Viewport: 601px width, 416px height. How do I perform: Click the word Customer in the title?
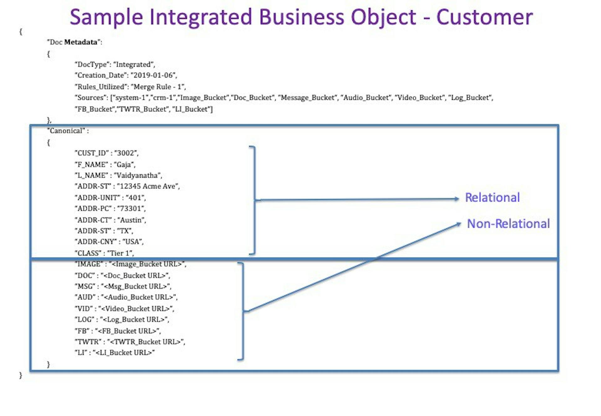click(x=484, y=17)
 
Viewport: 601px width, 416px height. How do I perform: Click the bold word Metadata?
click(x=81, y=42)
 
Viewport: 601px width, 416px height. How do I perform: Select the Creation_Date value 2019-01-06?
click(x=153, y=75)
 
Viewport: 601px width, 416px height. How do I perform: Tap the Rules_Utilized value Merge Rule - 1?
click(x=157, y=87)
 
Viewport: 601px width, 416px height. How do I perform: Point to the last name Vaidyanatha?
click(x=137, y=175)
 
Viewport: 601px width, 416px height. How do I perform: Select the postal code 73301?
click(x=131, y=208)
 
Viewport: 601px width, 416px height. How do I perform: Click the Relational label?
click(x=492, y=198)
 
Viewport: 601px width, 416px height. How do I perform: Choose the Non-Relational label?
click(x=508, y=224)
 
